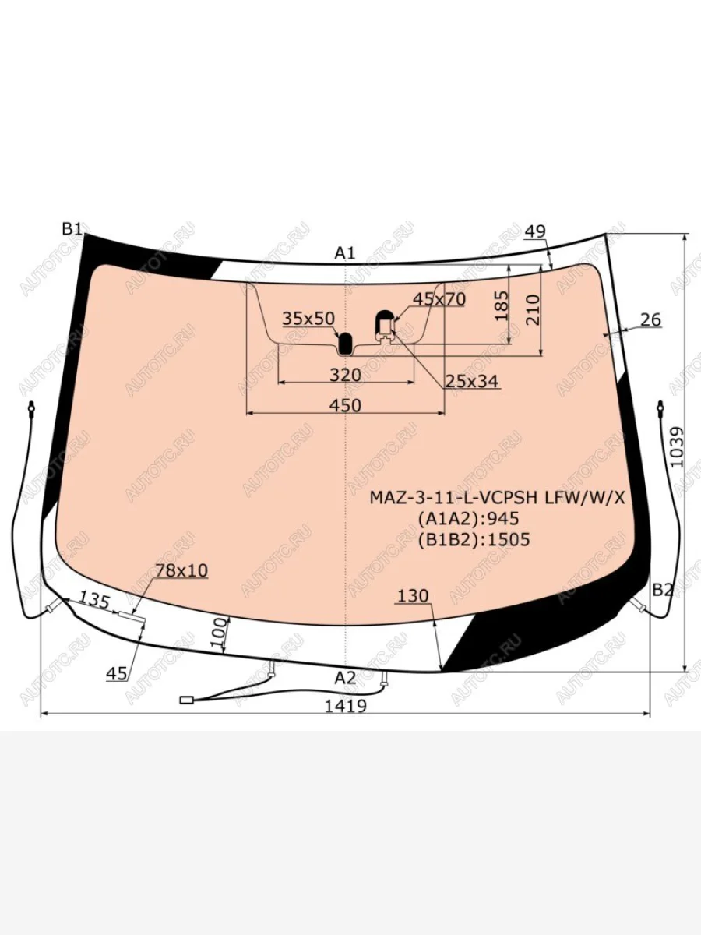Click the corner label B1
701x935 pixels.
click(72, 229)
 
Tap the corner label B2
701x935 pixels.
click(663, 590)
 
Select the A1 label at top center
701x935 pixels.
click(345, 253)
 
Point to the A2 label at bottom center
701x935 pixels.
click(345, 677)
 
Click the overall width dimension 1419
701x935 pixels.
click(346, 706)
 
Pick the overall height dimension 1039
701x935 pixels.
click(677, 447)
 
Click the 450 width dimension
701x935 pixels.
click(346, 405)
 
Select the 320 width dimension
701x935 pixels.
click(346, 375)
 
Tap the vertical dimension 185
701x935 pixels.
click(502, 305)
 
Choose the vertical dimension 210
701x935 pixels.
click(533, 309)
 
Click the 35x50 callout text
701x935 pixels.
click(308, 318)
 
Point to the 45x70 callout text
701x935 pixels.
click(439, 299)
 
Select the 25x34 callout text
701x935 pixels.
click(471, 381)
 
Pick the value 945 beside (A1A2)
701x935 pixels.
click(503, 518)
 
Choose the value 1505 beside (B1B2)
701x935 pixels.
click(509, 540)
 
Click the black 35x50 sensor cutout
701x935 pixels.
click(345, 343)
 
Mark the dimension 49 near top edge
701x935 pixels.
click(535, 231)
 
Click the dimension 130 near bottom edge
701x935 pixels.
click(413, 596)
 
